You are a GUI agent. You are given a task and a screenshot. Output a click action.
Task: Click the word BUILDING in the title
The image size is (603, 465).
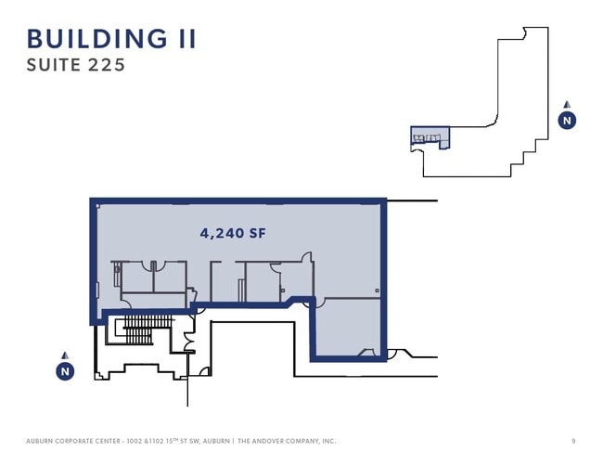click(97, 39)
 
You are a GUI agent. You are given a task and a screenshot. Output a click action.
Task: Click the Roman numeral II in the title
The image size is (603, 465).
click(187, 39)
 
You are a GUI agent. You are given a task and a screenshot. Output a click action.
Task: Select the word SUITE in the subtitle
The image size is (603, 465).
click(54, 65)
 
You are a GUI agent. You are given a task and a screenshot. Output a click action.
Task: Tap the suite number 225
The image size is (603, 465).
click(107, 65)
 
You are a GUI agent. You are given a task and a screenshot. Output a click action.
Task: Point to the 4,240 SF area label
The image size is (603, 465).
click(233, 233)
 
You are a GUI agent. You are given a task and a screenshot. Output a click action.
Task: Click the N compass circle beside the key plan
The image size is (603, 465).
click(567, 121)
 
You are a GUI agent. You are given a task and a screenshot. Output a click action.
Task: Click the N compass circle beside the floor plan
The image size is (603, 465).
click(65, 371)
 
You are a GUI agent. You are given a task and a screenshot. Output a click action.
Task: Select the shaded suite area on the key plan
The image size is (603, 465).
click(430, 136)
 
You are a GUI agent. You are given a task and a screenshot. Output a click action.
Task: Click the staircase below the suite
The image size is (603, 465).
click(147, 329)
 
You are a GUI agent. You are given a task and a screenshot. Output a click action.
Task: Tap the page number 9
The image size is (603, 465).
click(573, 441)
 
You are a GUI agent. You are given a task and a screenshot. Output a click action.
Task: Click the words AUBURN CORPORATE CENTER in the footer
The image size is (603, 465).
click(73, 441)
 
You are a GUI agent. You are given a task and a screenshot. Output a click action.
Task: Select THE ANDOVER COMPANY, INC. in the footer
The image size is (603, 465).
click(287, 441)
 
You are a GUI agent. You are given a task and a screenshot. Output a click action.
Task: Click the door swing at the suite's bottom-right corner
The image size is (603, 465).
click(366, 352)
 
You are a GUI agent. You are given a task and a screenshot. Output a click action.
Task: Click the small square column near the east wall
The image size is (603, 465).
click(377, 291)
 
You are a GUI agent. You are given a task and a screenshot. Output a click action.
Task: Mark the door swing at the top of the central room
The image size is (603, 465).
click(306, 257)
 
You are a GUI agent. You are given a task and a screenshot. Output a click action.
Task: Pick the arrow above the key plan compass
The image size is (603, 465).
click(567, 104)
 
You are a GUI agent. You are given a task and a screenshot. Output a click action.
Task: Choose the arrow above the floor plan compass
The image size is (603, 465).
click(65, 355)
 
